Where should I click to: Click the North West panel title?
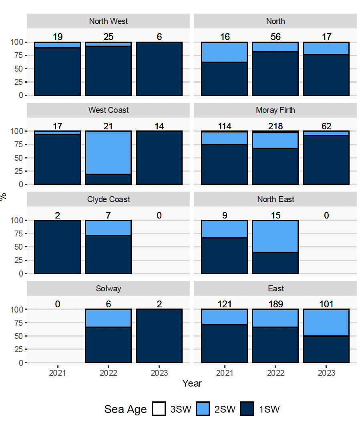(108, 21)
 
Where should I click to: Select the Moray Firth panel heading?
(275, 110)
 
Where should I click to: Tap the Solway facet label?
(108, 289)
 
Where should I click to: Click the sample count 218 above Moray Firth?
(275, 126)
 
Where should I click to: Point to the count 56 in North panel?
(275, 37)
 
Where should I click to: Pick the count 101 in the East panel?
(326, 305)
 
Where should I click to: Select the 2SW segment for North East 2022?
(275, 236)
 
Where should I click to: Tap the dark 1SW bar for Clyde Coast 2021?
(58, 247)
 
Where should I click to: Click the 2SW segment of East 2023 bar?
(326, 323)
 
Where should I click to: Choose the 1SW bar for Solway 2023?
(159, 336)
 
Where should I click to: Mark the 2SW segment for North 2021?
(224, 52)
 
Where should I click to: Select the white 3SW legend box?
(159, 409)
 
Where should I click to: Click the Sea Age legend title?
(125, 409)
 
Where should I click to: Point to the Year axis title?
(192, 383)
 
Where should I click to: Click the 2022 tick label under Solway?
(108, 373)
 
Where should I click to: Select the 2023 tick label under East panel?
(326, 373)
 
